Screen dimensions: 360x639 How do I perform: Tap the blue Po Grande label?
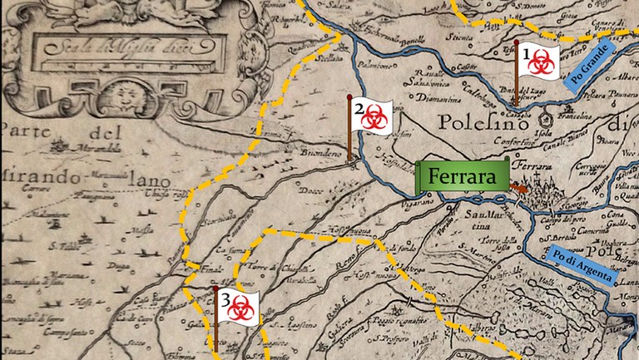pos(593,57)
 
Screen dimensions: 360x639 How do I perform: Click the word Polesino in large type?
pos(474,126)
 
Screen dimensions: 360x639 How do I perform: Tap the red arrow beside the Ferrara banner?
pos(518,190)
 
